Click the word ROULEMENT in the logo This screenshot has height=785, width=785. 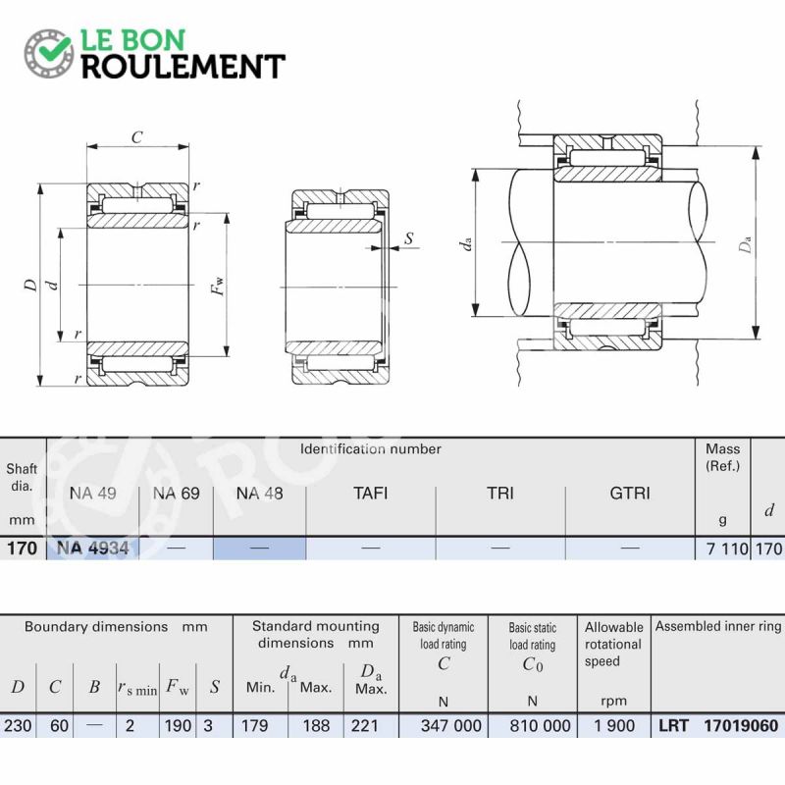coord(183,67)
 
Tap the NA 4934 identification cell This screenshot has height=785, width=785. coord(92,549)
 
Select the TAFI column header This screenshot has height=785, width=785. coord(371,494)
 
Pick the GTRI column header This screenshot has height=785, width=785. coord(630,494)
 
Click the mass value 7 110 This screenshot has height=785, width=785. coord(727,549)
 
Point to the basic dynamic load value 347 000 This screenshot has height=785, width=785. coord(450,725)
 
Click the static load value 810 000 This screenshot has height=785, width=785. coord(540,725)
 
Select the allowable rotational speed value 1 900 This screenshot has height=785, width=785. coord(614,725)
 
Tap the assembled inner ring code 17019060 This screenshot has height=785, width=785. coord(741,725)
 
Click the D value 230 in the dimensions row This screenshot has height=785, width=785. coord(18,725)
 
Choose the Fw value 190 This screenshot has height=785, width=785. coord(178,725)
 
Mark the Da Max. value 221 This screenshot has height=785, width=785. coord(364,725)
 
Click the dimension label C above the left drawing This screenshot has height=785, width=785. coord(136,136)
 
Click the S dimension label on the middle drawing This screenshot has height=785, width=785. coord(409,238)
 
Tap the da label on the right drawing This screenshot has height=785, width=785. coord(464,244)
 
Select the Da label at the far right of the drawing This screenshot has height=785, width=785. coord(745,244)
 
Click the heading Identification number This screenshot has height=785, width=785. coord(371,448)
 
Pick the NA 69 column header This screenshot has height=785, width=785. coord(177,494)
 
